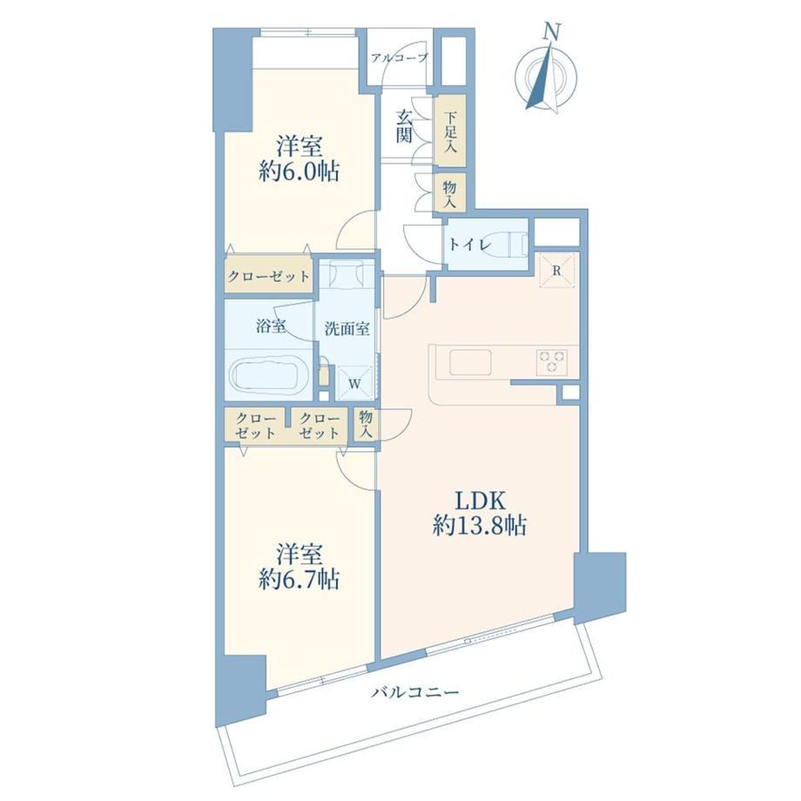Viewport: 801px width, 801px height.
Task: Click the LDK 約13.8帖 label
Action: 480,513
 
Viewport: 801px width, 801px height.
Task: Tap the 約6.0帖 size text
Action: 299,172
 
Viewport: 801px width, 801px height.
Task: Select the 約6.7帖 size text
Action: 299,580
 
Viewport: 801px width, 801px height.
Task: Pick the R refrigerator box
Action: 557,270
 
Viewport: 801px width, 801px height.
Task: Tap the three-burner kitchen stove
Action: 552,361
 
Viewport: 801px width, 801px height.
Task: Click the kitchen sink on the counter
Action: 470,361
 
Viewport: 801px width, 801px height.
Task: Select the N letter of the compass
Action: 550,33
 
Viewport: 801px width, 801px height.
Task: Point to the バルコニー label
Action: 414,692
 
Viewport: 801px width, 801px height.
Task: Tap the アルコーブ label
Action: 400,57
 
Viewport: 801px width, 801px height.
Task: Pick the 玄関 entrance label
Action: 404,126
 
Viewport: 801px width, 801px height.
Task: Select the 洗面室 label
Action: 347,328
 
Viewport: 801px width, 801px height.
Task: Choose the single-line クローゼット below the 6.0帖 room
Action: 269,277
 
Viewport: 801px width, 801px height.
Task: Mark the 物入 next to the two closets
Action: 366,424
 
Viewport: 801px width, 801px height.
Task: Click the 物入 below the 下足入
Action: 449,193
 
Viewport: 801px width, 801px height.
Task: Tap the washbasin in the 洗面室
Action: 347,274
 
